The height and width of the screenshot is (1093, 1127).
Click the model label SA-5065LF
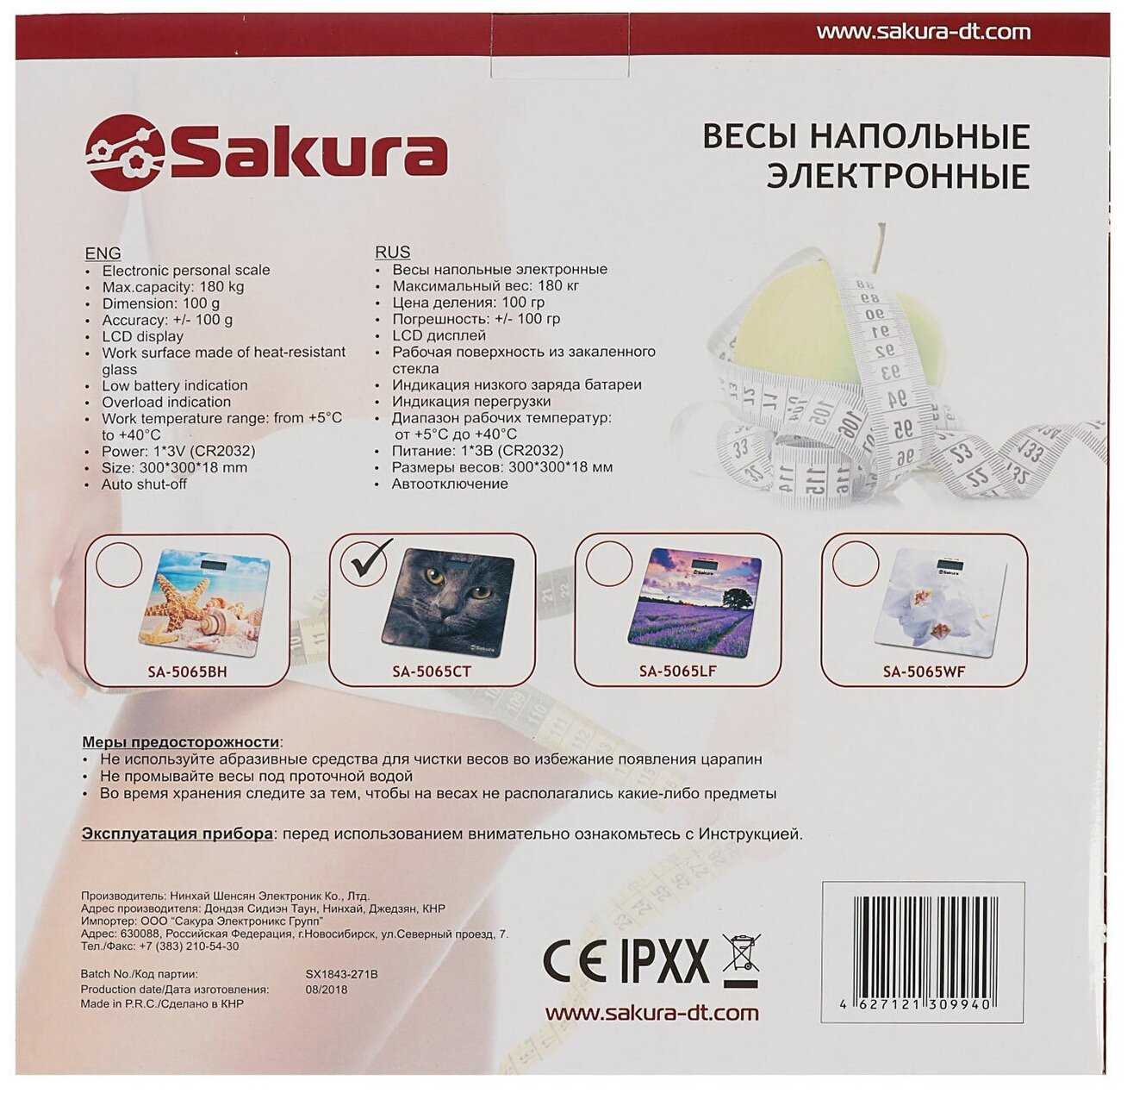click(x=677, y=671)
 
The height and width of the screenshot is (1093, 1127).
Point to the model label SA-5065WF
click(x=924, y=671)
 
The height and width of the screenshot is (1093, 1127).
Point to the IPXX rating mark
click(x=664, y=961)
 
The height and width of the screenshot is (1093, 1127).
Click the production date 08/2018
click(x=327, y=990)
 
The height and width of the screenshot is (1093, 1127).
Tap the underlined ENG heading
click(x=103, y=253)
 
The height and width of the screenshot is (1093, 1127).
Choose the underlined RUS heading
click(x=393, y=252)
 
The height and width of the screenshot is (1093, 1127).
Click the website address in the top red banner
click(x=924, y=32)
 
